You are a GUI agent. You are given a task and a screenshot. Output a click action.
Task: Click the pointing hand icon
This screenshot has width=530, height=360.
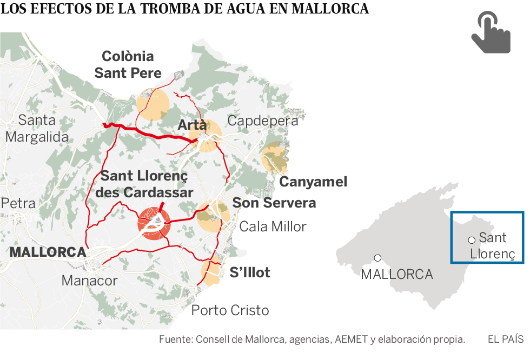pos(490,34)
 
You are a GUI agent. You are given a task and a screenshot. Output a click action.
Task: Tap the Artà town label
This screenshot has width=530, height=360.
pos(192,125)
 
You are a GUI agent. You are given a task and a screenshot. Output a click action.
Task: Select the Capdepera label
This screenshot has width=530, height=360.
pos(262,121)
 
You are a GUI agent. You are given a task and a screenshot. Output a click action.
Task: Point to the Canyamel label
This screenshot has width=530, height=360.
pos(313,182)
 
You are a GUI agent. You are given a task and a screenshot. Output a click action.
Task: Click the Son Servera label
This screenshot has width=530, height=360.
pos(274,203)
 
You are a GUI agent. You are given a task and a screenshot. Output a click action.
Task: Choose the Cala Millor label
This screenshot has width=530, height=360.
pos(273,226)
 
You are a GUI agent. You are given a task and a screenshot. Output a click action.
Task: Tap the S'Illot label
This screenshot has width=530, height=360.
pos(250,272)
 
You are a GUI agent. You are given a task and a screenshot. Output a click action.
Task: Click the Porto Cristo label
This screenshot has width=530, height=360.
pos(230,310)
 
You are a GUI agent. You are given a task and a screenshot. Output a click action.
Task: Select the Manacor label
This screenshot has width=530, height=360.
pos(89,281)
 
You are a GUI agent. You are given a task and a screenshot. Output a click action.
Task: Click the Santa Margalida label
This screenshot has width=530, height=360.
pos(37,128)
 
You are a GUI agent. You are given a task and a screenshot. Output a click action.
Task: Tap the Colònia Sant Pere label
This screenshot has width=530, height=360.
pos(128,64)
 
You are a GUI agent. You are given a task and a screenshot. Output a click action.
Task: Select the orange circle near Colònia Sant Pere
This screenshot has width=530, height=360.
pos(153,105)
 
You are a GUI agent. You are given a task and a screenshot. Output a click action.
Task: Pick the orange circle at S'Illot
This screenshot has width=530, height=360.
pos(213,271)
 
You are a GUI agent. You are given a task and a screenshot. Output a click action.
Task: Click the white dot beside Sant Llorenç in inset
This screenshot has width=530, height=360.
pos(472,239)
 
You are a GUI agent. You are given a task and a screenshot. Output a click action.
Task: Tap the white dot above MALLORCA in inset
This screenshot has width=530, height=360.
pos(377,258)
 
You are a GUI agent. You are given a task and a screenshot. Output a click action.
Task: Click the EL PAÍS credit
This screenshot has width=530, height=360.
pos(505,339)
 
